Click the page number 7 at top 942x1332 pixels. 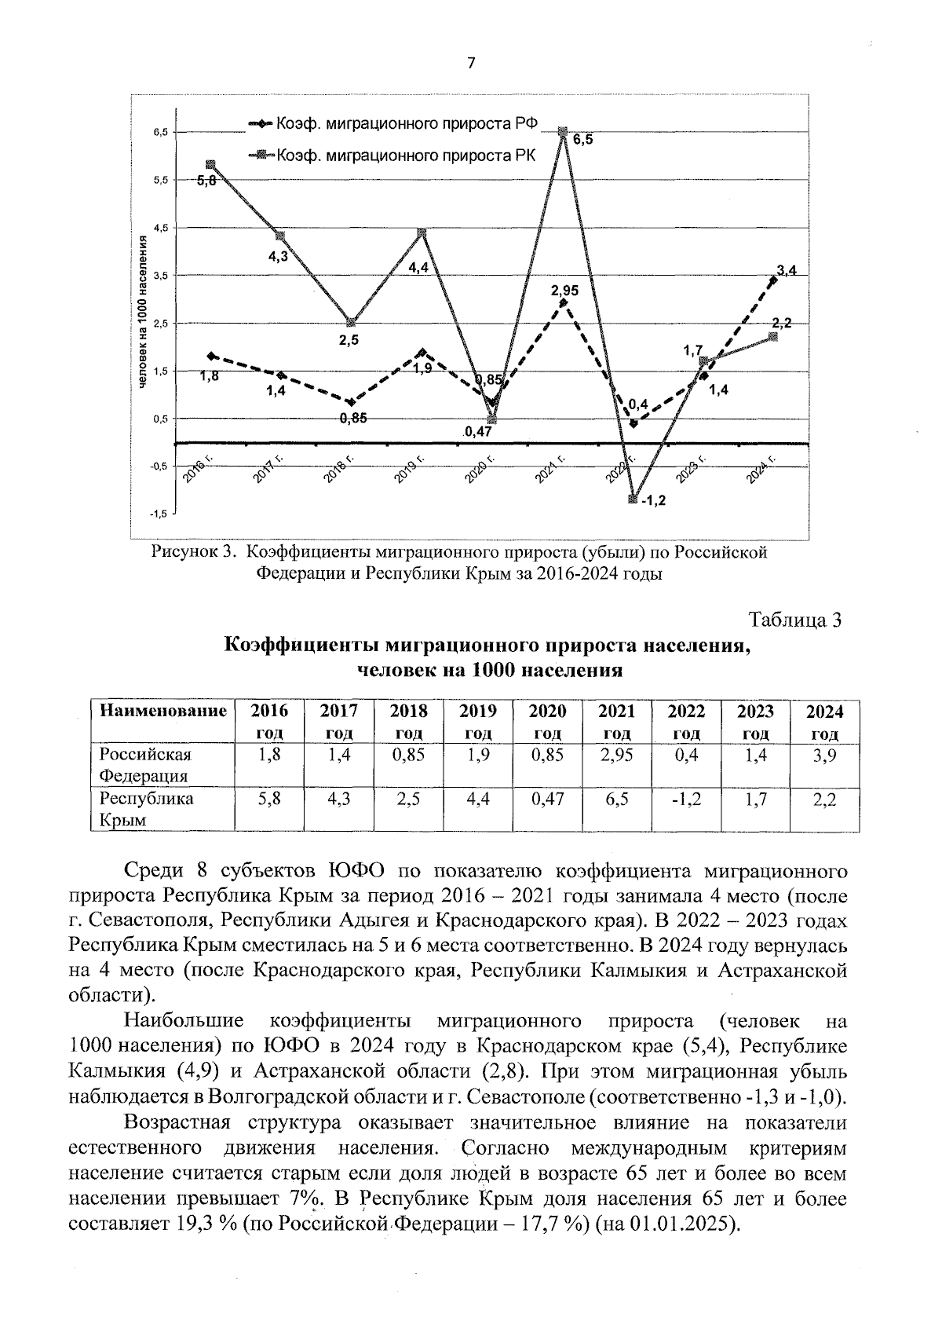tap(471, 64)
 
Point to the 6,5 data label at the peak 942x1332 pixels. tap(582, 141)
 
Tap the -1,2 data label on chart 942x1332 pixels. tap(652, 500)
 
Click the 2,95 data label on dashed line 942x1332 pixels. tap(564, 290)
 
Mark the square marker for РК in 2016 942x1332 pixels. tap(210, 165)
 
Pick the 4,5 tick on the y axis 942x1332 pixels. tap(160, 228)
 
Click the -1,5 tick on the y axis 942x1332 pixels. tap(159, 514)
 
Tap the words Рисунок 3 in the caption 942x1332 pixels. tap(193, 552)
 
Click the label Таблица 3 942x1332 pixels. tap(794, 620)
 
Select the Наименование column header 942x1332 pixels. tap(162, 712)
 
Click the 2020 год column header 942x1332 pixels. tap(547, 722)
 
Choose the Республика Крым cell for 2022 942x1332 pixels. tap(686, 800)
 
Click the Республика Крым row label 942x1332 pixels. tap(135, 810)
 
